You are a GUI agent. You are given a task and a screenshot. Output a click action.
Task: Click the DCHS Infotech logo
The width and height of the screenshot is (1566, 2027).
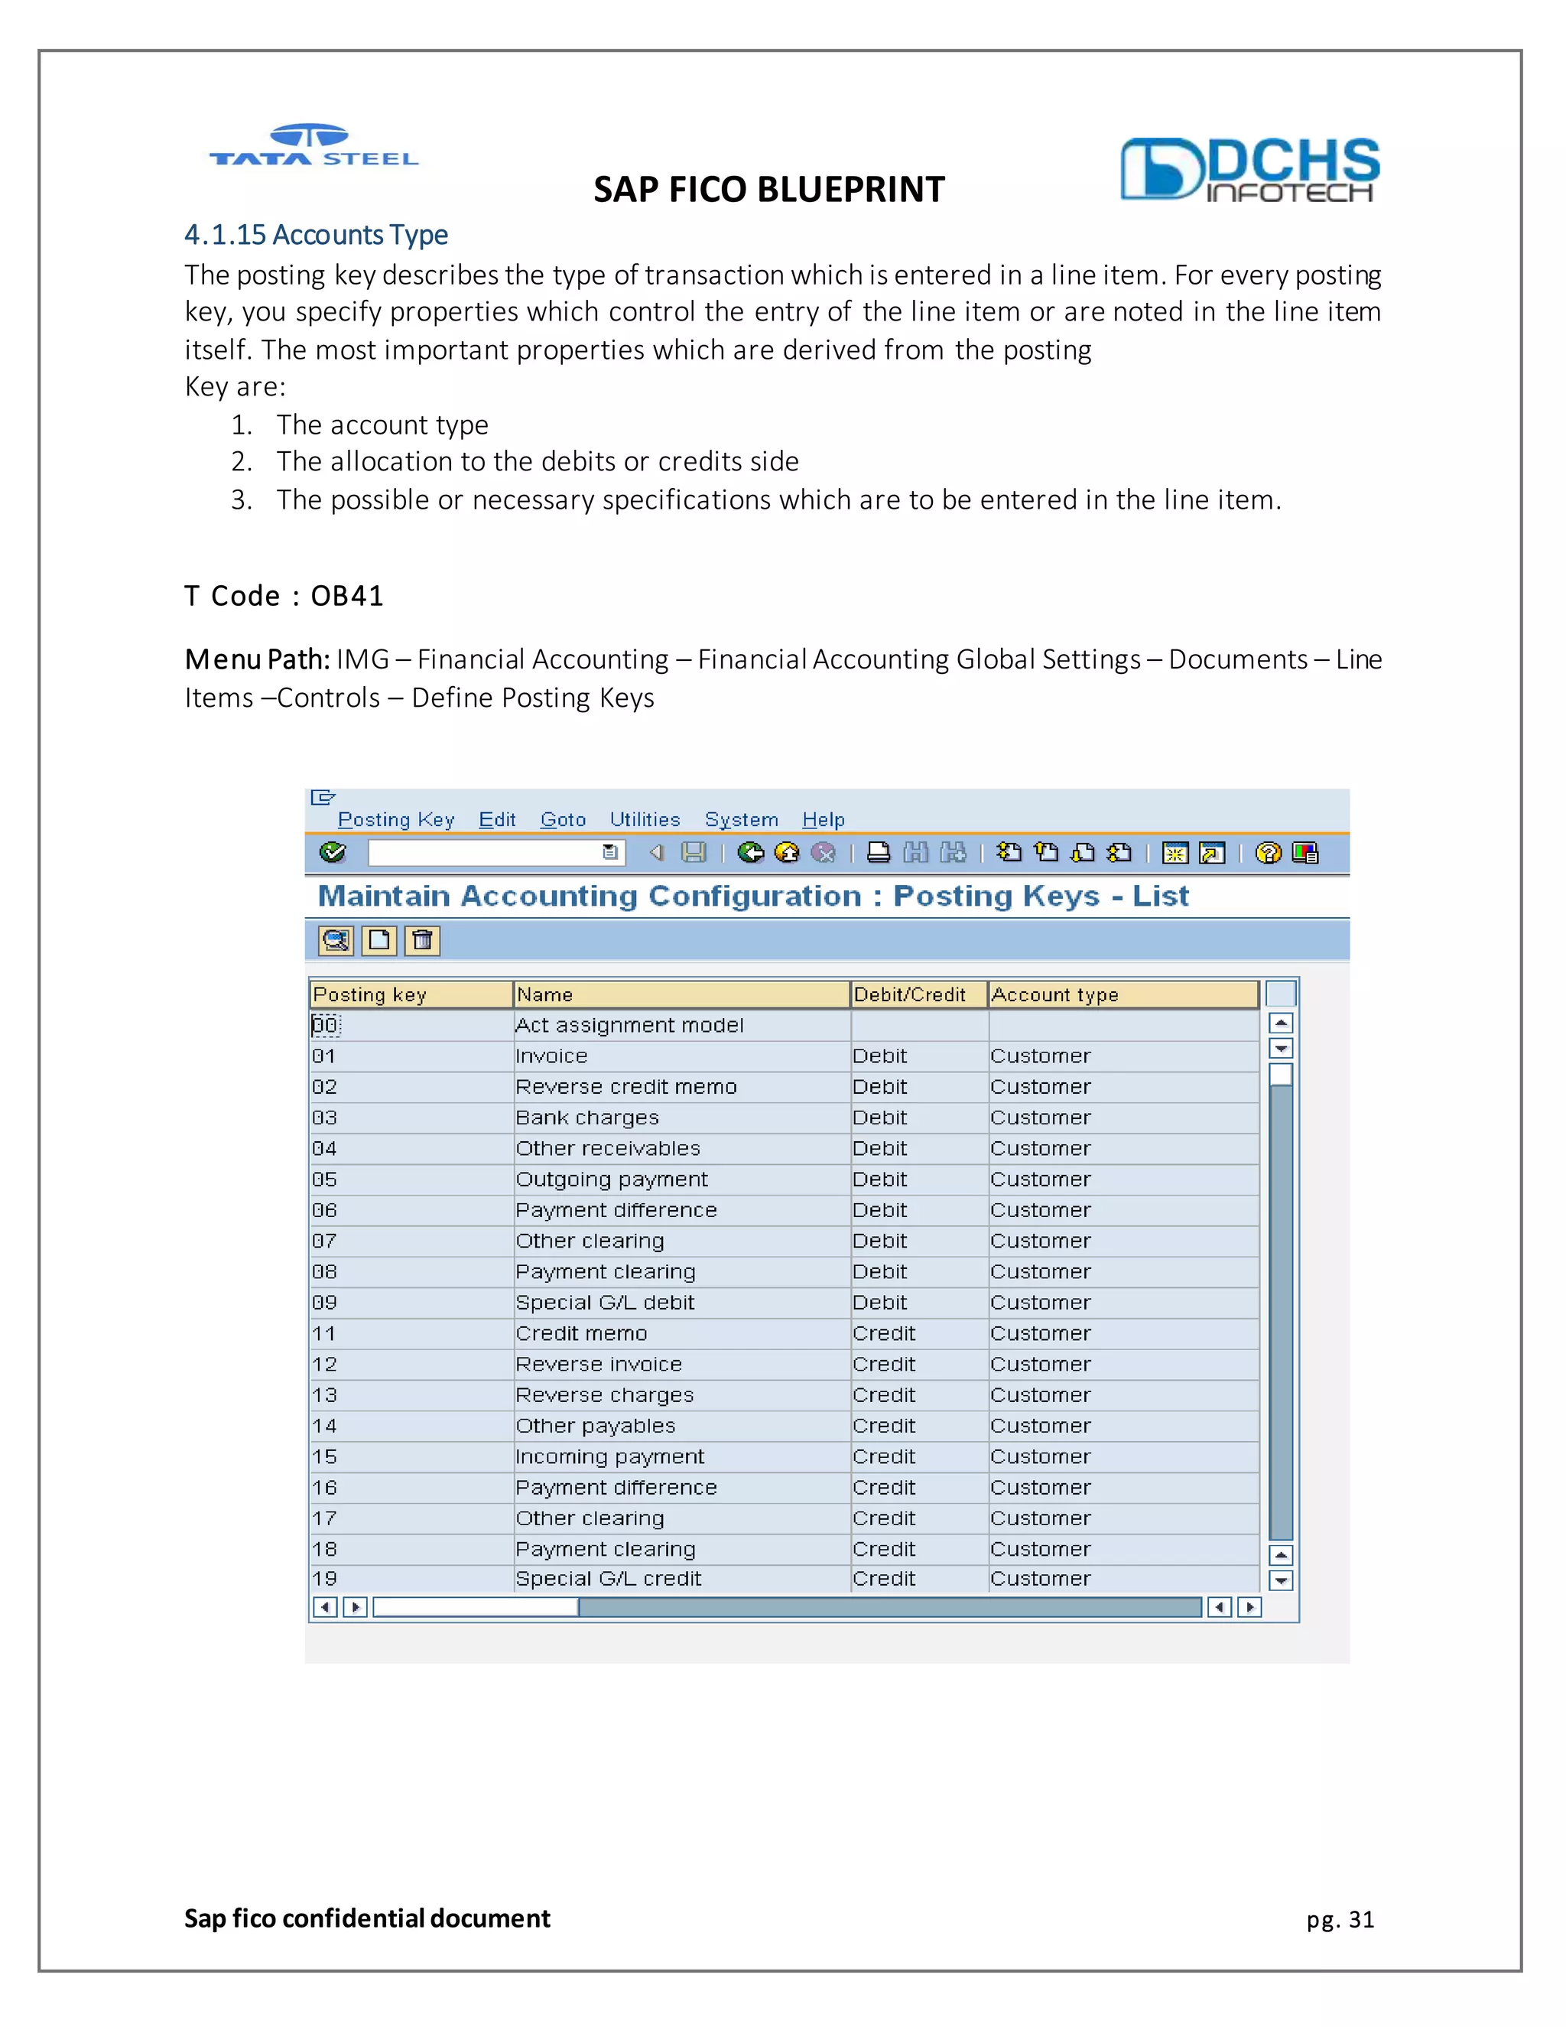coord(1249,170)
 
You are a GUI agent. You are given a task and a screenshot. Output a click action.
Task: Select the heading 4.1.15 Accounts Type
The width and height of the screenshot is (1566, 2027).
coord(316,235)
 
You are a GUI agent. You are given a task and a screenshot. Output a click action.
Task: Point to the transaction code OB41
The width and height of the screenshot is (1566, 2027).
coord(347,596)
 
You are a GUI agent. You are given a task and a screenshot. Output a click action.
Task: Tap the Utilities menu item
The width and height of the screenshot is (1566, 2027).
coord(645,819)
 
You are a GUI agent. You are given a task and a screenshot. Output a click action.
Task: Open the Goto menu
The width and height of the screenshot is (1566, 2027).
coord(563,819)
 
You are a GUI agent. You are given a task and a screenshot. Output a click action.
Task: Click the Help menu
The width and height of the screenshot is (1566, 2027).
coord(823,819)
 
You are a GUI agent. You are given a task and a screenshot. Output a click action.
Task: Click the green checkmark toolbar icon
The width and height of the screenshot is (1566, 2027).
coord(332,852)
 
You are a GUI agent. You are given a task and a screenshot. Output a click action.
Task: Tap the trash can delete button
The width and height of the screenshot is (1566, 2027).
coord(422,940)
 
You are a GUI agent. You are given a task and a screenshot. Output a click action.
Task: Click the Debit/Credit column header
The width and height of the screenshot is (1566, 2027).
coord(909,995)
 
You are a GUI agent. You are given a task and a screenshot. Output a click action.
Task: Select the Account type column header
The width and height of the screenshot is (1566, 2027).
coord(1054,995)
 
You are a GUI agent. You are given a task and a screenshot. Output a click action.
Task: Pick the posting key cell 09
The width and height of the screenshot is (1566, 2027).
coord(325,1302)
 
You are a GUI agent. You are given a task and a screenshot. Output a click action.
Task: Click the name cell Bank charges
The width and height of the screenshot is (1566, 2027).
coord(587,1118)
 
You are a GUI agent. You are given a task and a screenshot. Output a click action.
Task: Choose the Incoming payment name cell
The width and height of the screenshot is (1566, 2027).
coord(609,1456)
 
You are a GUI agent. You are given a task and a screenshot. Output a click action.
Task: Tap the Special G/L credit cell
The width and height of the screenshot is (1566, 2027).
coord(609,1578)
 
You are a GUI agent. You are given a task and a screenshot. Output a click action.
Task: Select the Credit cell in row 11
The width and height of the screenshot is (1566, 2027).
coord(884,1332)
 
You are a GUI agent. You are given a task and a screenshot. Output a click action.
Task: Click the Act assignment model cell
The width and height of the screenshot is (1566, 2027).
coord(629,1025)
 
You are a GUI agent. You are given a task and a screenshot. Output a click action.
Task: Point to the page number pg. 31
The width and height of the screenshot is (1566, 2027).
coord(1340,1919)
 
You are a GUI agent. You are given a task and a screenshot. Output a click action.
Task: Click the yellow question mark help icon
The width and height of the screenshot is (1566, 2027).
coord(1267,852)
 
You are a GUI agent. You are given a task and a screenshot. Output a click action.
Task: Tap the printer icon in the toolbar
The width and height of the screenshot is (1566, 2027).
coord(878,852)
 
